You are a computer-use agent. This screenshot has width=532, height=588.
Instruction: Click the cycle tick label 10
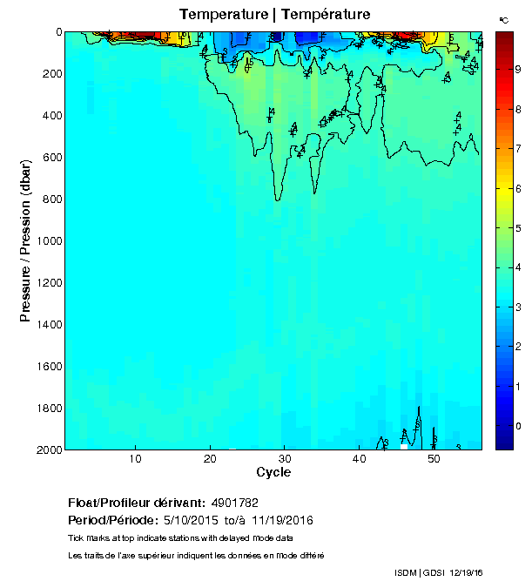coord(136,460)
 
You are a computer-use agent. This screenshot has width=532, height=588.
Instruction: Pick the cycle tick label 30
coord(285,460)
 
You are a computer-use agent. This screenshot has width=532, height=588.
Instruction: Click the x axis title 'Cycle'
coord(273,473)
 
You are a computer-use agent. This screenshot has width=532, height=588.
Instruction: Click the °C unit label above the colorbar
coord(503,19)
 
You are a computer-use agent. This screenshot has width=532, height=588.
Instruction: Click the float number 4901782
coord(234,504)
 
